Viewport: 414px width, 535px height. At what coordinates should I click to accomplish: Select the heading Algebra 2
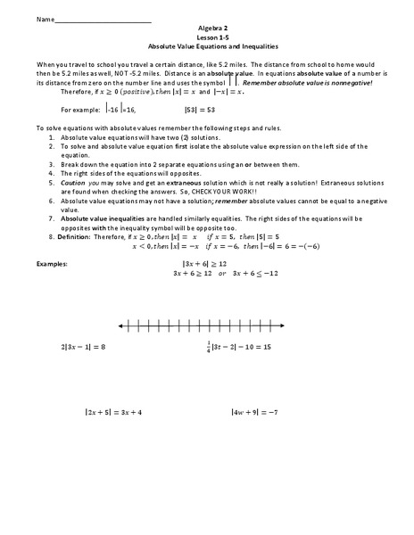tap(206, 28)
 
